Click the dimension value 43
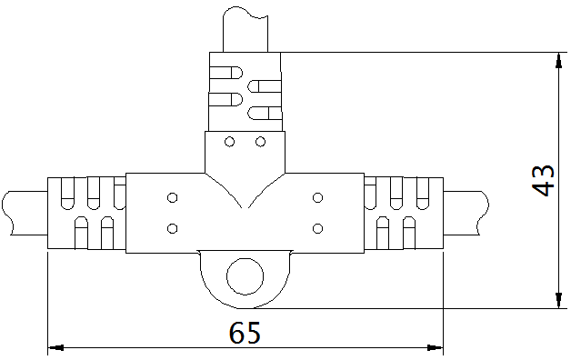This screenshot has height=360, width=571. click(543, 180)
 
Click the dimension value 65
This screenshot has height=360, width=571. click(245, 333)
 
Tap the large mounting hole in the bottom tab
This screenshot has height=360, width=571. click(244, 276)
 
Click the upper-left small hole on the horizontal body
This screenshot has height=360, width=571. click(171, 197)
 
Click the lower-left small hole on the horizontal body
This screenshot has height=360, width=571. click(171, 226)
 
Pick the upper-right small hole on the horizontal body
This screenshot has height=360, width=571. click(317, 197)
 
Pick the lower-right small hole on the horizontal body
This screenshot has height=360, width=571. click(317, 226)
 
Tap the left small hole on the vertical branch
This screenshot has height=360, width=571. click(230, 142)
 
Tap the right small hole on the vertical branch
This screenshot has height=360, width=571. click(260, 142)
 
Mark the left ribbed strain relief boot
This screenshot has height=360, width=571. click(86, 213)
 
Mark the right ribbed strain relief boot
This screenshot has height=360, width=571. click(402, 213)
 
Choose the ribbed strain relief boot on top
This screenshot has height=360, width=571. click(245, 91)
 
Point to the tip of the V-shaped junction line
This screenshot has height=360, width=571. click(245, 210)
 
